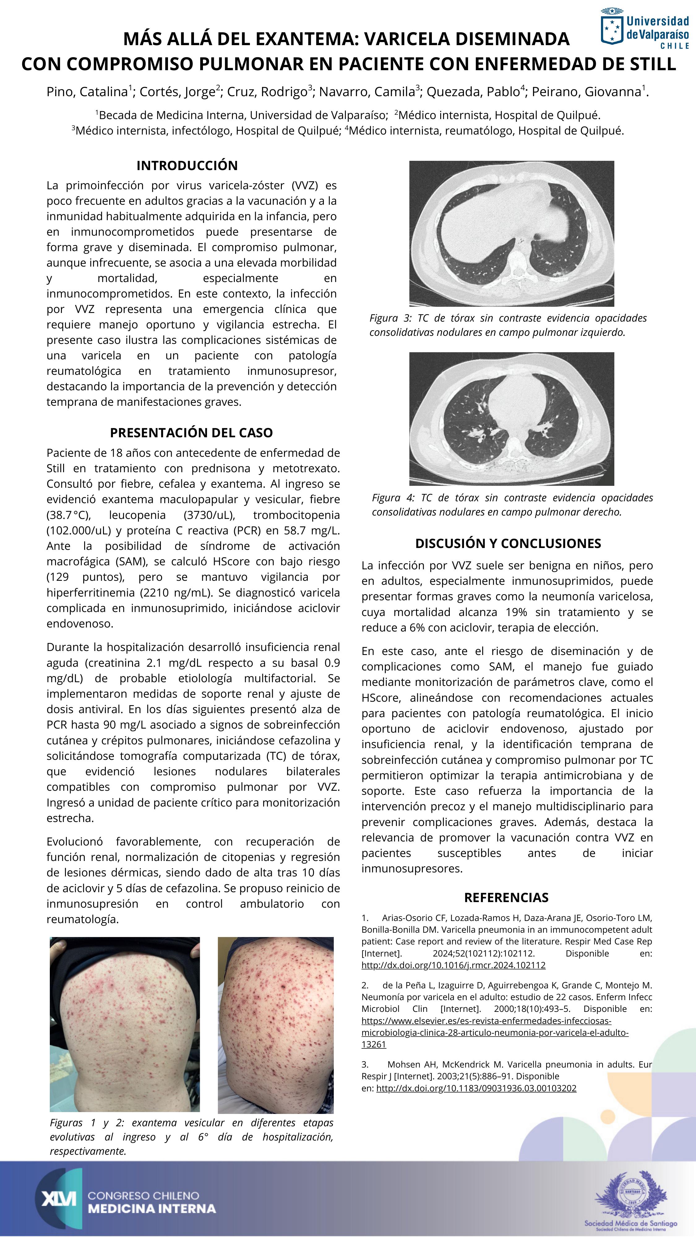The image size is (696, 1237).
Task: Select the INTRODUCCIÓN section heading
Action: click(187, 166)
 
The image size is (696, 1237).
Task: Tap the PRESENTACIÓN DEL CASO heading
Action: click(191, 433)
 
